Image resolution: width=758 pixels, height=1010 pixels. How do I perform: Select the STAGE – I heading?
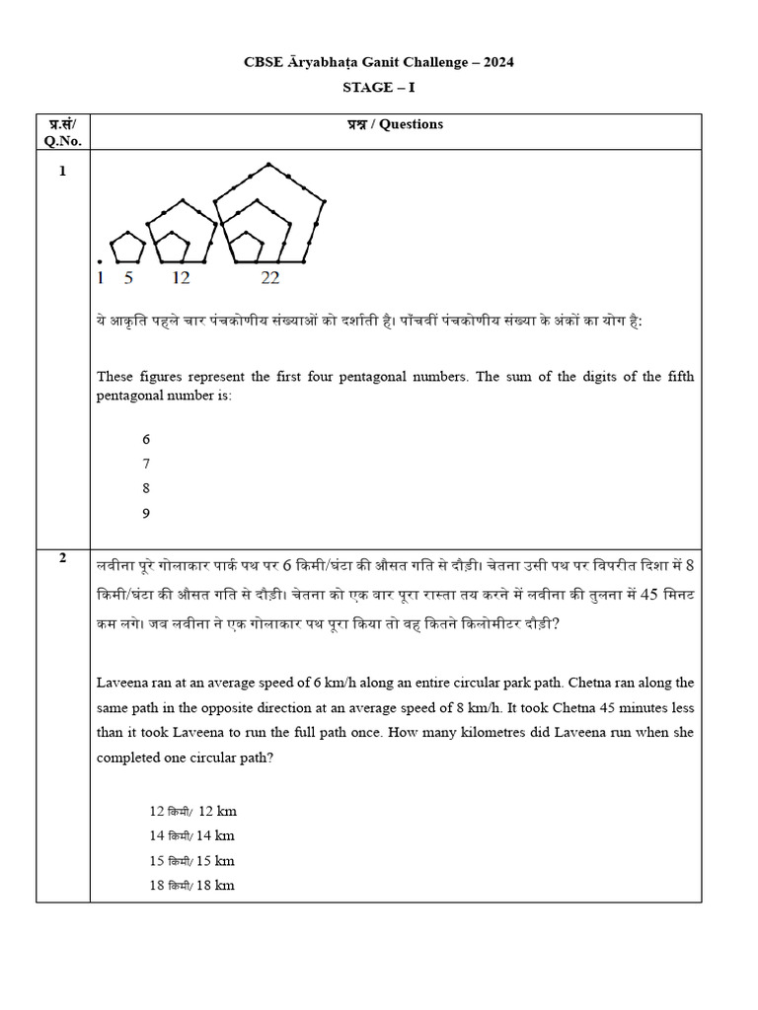[x=379, y=88]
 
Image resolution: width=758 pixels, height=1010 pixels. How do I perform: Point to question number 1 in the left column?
[x=63, y=171]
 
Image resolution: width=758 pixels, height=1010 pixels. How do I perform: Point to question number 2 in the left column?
[x=63, y=558]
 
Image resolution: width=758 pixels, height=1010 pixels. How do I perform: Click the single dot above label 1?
[x=100, y=261]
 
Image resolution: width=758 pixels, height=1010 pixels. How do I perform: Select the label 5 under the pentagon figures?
[x=128, y=278]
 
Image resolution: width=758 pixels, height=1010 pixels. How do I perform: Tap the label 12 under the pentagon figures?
[x=181, y=278]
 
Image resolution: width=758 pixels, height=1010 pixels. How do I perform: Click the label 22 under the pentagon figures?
[x=269, y=278]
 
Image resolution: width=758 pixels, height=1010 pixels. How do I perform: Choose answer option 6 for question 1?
[x=146, y=440]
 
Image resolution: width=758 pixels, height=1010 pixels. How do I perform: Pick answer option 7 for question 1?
[x=146, y=464]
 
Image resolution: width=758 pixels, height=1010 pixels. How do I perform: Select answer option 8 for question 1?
[x=146, y=488]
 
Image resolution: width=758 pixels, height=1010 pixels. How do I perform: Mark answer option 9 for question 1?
[x=146, y=513]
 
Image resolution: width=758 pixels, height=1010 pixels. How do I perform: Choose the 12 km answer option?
[x=192, y=812]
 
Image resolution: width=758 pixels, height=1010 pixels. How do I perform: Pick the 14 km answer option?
[x=192, y=835]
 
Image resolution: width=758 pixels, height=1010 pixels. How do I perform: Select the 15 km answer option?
[x=192, y=860]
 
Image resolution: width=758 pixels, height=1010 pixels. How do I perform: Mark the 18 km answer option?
[x=192, y=885]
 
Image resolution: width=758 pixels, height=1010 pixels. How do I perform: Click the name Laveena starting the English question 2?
[x=123, y=683]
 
